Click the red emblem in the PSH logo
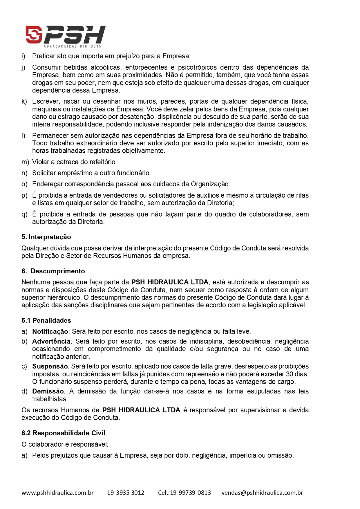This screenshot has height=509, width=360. [x=34, y=34]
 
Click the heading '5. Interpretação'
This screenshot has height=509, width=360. [x=46, y=237]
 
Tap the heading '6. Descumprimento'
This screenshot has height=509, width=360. [x=53, y=271]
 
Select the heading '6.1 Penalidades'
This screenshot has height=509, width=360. [x=46, y=320]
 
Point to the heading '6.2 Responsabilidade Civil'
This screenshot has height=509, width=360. [x=63, y=433]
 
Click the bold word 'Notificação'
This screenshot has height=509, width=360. [x=50, y=331]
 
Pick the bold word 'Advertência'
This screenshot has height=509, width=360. [x=51, y=341]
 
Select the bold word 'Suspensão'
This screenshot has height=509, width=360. [x=50, y=366]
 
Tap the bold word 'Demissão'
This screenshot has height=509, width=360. [x=48, y=391]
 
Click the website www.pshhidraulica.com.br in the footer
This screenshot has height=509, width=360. [x=57, y=493]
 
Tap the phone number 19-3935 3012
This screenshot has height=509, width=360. [x=126, y=493]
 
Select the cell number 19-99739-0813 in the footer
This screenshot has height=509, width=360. [x=190, y=493]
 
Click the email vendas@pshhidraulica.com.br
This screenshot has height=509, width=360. [x=262, y=493]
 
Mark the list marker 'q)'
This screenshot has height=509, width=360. [x=24, y=214]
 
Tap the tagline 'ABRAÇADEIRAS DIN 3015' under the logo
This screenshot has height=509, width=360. [x=72, y=46]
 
